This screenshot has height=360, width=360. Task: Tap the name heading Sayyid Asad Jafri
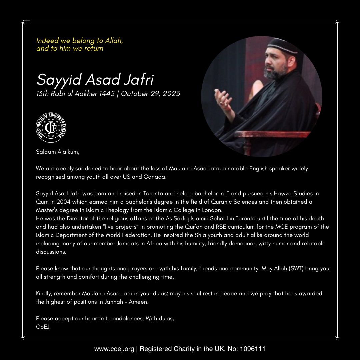pyautogui.click(x=95, y=80)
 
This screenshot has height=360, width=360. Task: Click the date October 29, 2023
pyautogui.click(x=150, y=94)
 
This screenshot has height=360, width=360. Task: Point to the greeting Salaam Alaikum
pyautogui.click(x=58, y=152)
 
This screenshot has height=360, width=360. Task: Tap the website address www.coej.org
pyautogui.click(x=114, y=349)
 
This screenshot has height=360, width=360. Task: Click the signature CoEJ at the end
pyautogui.click(x=43, y=327)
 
